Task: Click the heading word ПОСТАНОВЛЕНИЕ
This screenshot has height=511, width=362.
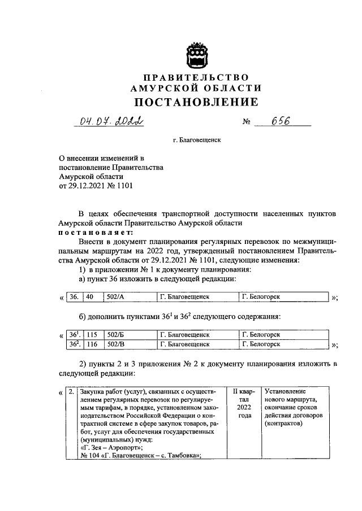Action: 195,102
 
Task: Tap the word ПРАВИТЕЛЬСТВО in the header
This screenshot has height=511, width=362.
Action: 195,77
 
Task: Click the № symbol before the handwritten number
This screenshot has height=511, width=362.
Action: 245,122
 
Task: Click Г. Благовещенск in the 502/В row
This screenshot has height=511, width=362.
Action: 185,343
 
